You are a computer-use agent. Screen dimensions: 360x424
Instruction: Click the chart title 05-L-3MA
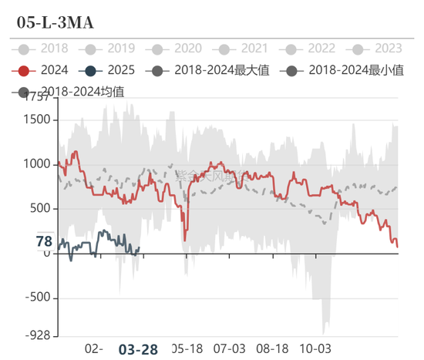(x=56, y=22)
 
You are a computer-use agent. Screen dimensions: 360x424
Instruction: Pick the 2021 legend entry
(x=246, y=49)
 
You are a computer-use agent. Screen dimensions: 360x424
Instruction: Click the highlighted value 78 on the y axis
(x=44, y=242)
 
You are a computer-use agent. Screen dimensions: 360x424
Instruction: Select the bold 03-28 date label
(x=138, y=349)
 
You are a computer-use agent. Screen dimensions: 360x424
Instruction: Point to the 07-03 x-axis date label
(x=229, y=348)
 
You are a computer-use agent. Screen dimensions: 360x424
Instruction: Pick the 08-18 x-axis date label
(x=271, y=348)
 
